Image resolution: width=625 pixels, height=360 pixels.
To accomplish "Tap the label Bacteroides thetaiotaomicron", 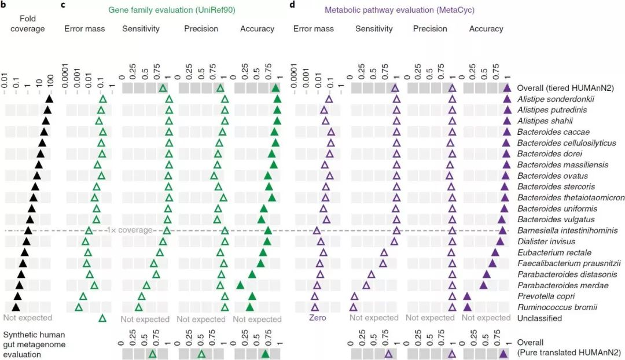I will tap(571, 198).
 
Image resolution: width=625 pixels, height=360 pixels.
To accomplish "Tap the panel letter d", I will tap(292, 5).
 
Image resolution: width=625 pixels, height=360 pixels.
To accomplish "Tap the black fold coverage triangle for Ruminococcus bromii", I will tap(16, 307).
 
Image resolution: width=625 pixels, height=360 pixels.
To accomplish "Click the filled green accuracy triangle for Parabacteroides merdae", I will tap(240, 285).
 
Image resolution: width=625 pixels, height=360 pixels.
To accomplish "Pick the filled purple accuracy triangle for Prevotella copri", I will tap(467, 296).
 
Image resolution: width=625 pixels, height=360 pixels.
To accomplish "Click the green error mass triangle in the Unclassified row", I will tap(102, 318).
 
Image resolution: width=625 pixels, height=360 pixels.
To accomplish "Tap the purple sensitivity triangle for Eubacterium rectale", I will tap(384, 252).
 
